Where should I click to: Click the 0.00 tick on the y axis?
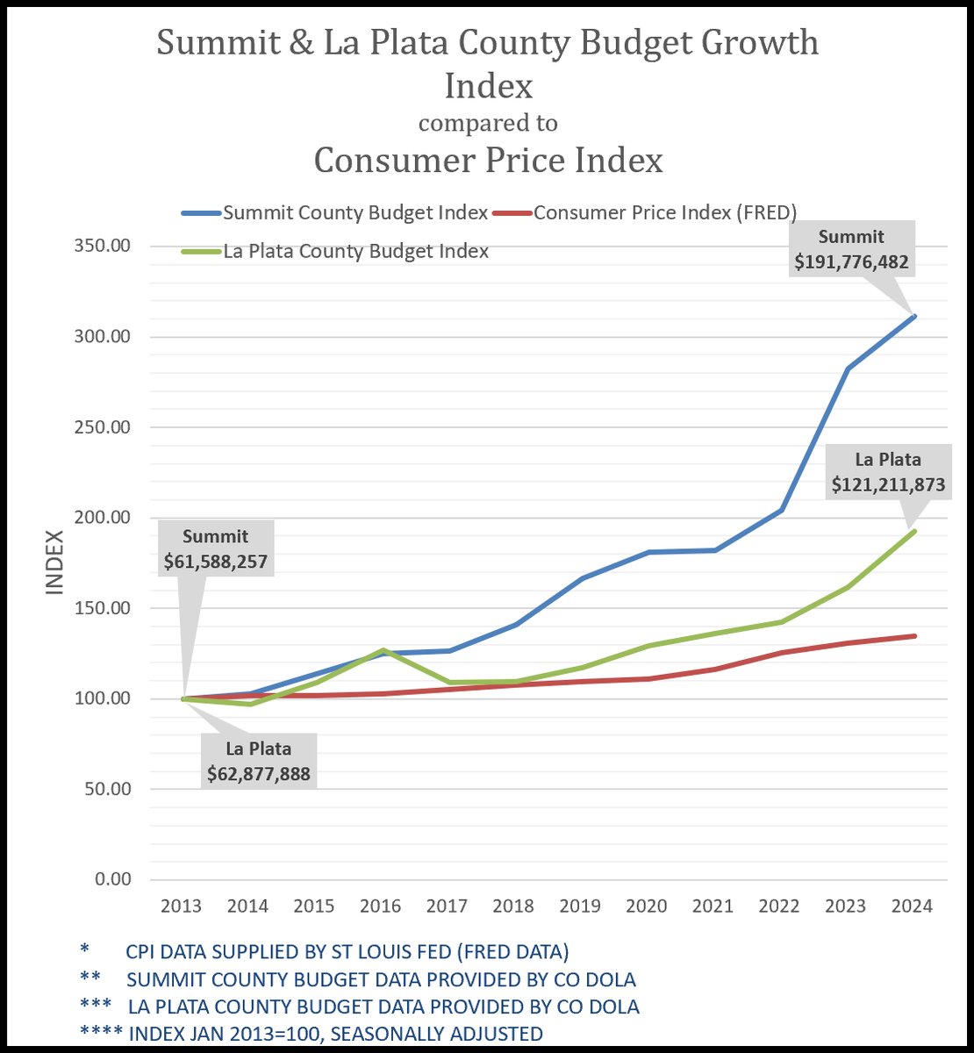(111, 879)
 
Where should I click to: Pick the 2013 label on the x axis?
(182, 906)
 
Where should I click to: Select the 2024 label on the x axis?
(912, 906)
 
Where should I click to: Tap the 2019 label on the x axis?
(580, 906)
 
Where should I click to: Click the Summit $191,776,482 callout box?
(851, 249)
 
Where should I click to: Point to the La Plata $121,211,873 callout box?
(888, 472)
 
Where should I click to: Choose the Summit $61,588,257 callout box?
(216, 549)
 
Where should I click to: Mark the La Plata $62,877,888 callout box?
(259, 762)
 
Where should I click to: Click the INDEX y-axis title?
(55, 562)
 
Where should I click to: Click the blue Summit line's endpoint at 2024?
(913, 316)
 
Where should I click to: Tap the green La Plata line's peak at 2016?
(383, 650)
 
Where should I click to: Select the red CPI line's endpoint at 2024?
(913, 636)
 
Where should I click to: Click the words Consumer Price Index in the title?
(488, 161)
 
